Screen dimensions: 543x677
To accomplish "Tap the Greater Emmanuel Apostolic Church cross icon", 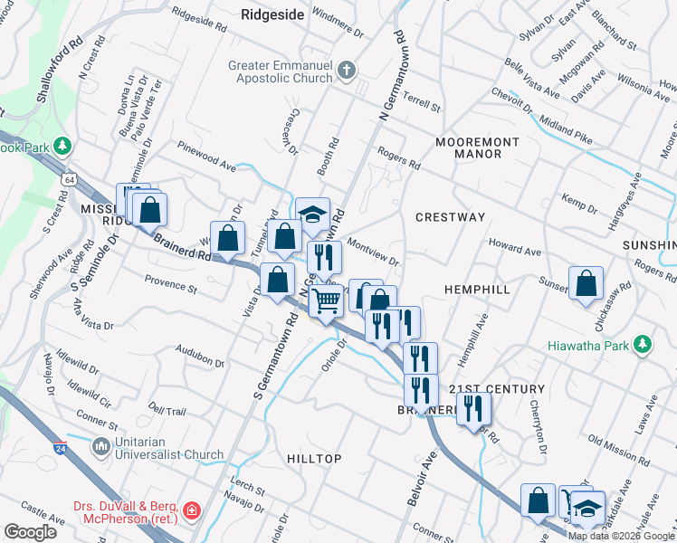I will click(345, 70).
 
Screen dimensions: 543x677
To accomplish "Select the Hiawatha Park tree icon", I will click(643, 344).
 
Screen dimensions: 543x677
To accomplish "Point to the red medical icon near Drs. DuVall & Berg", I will click(190, 513).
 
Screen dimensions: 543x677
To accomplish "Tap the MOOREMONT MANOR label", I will click(477, 148).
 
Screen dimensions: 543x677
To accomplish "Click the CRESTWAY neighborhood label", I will click(450, 217).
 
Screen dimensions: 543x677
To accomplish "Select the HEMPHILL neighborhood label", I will click(477, 289).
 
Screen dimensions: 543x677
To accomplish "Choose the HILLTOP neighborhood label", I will click(314, 459).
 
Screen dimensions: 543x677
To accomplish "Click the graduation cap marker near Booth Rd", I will click(313, 214).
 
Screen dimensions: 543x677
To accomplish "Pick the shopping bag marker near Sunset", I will click(586, 282).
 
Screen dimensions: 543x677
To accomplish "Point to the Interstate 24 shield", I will click(60, 447).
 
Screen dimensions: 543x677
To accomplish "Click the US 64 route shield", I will click(70, 180).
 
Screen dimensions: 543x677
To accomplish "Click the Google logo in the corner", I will click(30, 531).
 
